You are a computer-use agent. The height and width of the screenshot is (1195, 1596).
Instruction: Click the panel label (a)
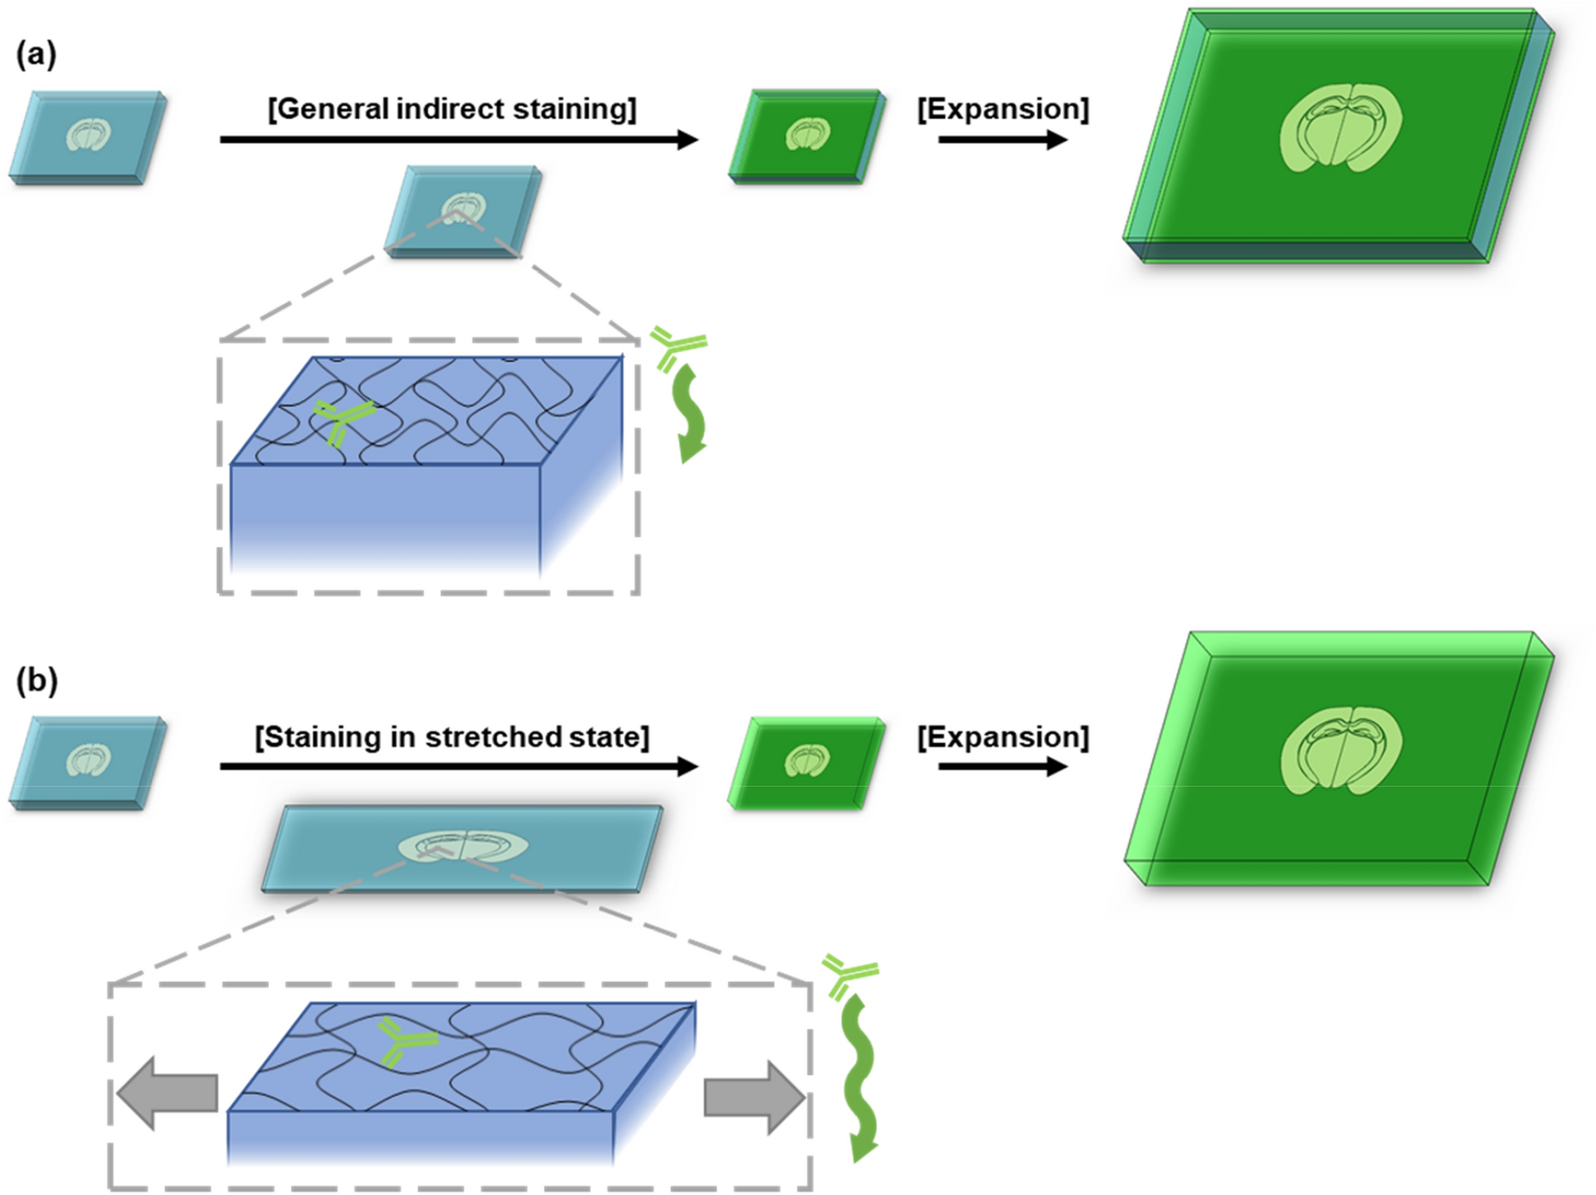pyautogui.click(x=36, y=55)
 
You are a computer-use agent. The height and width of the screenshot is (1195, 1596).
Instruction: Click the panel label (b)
pyautogui.click(x=36, y=681)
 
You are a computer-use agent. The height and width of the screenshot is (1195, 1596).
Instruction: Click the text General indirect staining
pyautogui.click(x=452, y=109)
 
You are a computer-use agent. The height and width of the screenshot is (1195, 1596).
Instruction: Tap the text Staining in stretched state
pyautogui.click(x=452, y=737)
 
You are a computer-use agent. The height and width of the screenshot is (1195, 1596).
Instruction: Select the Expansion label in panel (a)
pyautogui.click(x=1002, y=109)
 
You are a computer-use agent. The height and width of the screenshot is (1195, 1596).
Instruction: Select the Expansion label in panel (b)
pyautogui.click(x=1002, y=737)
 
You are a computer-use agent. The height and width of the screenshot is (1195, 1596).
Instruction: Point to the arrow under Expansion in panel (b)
pyautogui.click(x=1002, y=767)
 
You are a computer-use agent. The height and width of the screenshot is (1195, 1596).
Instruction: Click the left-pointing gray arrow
pyautogui.click(x=168, y=1093)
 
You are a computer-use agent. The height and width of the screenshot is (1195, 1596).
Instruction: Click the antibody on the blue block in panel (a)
pyautogui.click(x=342, y=422)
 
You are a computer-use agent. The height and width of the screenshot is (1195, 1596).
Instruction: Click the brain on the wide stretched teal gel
pyautogui.click(x=463, y=847)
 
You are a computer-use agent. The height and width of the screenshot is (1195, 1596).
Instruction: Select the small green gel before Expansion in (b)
pyautogui.click(x=806, y=763)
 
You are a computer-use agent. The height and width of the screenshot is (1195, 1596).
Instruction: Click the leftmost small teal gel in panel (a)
pyautogui.click(x=88, y=136)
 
